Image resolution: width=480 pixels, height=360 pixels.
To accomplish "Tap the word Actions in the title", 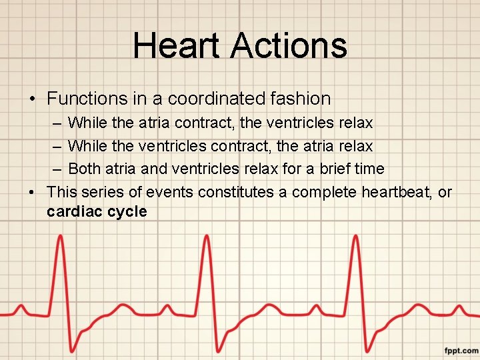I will pyautogui.click(x=289, y=46).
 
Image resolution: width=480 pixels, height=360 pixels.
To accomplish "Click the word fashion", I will pyautogui.click(x=304, y=99).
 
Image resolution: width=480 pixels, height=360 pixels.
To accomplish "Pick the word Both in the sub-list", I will pyautogui.click(x=85, y=168).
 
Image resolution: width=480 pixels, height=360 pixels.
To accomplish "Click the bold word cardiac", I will pyautogui.click(x=72, y=211).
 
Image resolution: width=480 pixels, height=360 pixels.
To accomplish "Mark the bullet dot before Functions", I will pyautogui.click(x=32, y=99).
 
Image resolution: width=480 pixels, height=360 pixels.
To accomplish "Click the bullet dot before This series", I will pyautogui.click(x=32, y=193).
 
